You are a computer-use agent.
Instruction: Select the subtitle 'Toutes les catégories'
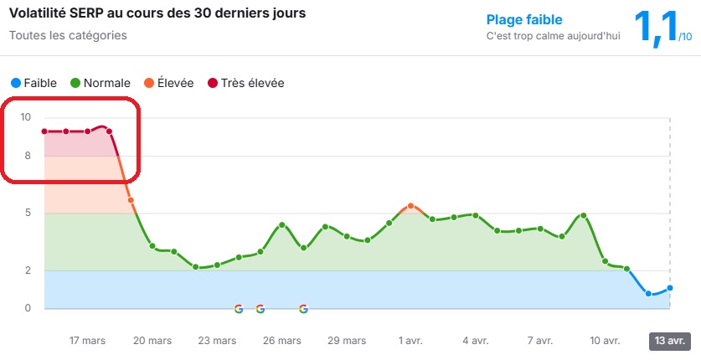pyautogui.click(x=68, y=36)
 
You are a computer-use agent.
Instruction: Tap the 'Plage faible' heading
pyautogui.click(x=524, y=19)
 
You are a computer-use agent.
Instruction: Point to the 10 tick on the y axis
pyautogui.click(x=25, y=118)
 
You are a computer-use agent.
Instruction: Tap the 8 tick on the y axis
pyautogui.click(x=28, y=156)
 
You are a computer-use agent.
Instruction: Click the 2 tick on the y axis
pyautogui.click(x=28, y=270)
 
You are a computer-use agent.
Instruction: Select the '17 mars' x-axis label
pyautogui.click(x=87, y=341)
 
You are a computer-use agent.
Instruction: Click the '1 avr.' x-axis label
pyautogui.click(x=410, y=341)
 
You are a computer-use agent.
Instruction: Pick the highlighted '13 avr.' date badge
pyautogui.click(x=669, y=341)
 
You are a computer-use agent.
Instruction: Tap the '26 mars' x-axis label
pyautogui.click(x=281, y=341)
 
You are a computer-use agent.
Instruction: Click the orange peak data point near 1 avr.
pyautogui.click(x=410, y=206)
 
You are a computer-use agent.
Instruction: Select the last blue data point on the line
pyautogui.click(x=670, y=288)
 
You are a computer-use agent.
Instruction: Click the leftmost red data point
pyautogui.click(x=44, y=131)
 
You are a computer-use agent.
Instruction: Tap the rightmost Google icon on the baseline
pyautogui.click(x=303, y=309)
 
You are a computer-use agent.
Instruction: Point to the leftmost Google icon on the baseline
pyautogui.click(x=239, y=309)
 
